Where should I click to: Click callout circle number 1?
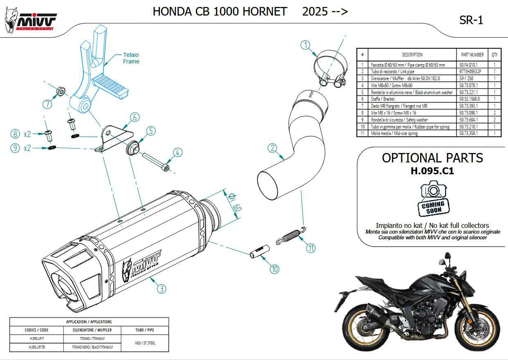point(306,45)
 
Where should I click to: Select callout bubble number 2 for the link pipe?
point(273,148)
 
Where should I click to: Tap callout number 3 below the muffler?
point(162,289)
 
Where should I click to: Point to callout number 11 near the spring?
point(311,248)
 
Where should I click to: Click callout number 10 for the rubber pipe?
point(274,269)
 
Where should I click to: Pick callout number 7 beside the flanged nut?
point(47,104)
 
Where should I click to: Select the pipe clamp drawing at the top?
point(329,70)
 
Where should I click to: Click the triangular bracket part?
point(114,137)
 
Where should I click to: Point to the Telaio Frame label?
point(131,58)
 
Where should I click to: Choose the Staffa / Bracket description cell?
point(412,99)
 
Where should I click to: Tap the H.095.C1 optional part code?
point(432,171)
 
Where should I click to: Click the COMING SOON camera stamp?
point(433,200)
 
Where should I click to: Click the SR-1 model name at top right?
point(471,20)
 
